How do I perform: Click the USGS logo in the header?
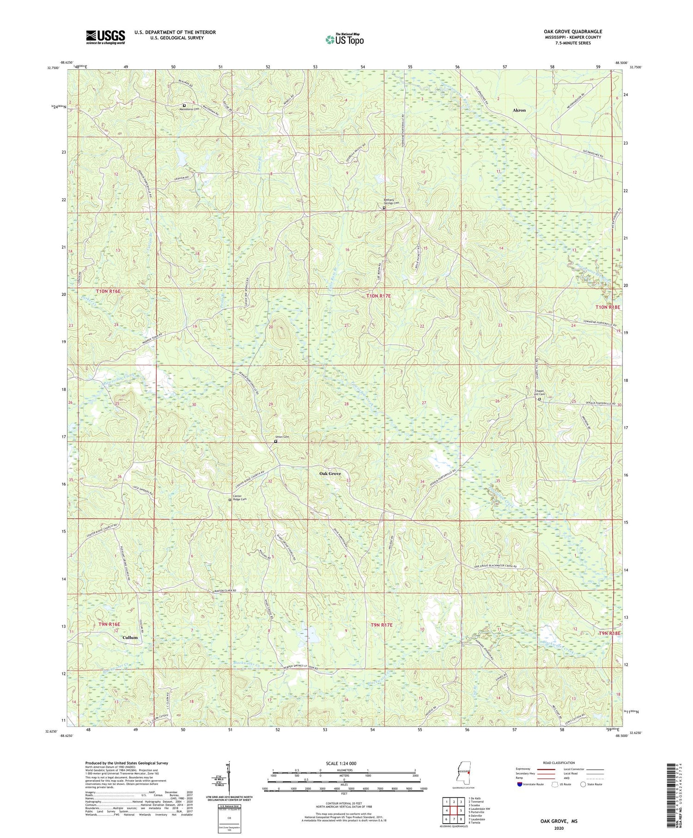[105, 37]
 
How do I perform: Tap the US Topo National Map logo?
[345, 39]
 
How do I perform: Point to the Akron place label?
[519, 110]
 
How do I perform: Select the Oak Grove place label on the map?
[330, 474]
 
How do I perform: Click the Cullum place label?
[130, 637]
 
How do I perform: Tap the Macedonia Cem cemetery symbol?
[184, 105]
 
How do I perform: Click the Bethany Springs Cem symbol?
[383, 208]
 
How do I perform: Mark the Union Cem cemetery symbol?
[276, 441]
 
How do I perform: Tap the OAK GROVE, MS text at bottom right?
[559, 821]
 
